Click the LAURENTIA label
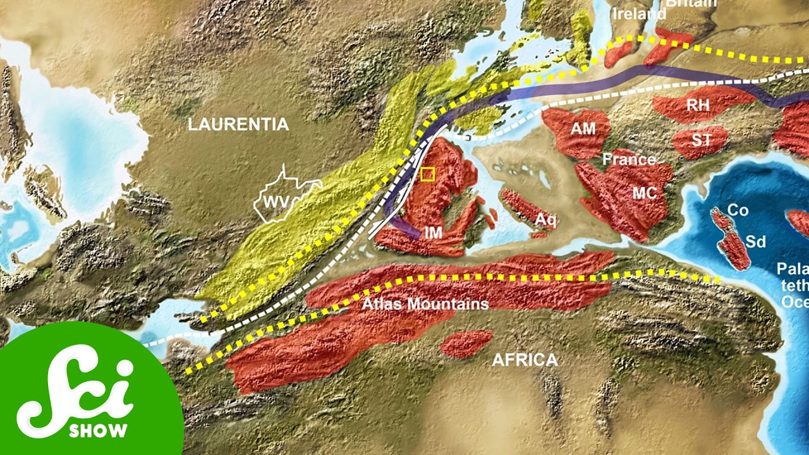238,125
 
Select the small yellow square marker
428,174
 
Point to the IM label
433,233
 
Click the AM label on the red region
583,129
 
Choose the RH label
698,106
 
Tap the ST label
701,140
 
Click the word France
628,160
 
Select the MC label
645,194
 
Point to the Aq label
546,219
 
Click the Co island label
738,210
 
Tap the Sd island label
755,241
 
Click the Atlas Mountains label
425,304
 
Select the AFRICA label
525,360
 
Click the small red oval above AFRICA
466,344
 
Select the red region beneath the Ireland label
619,54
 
